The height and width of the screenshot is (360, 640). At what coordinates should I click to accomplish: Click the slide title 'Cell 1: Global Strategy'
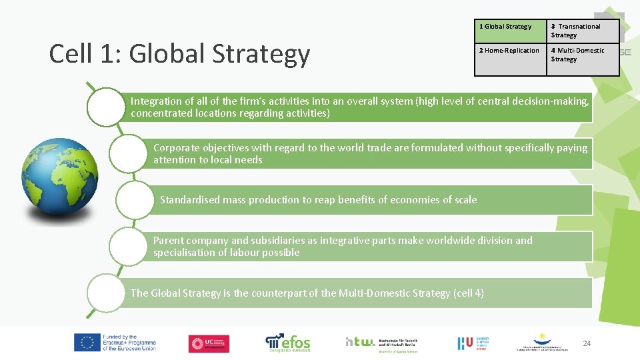[180, 54]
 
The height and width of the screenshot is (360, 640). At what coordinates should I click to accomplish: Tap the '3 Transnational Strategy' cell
[582, 31]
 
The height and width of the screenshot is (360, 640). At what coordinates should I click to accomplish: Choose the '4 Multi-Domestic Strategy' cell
[582, 55]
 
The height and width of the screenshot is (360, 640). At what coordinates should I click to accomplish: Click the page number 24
[587, 343]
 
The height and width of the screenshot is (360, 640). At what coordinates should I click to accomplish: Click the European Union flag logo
[86, 343]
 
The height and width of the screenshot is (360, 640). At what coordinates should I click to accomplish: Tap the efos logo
[288, 342]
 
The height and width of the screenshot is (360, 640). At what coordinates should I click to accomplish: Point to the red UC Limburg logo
[209, 343]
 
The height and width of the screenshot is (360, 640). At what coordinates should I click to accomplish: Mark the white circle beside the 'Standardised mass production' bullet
[134, 199]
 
